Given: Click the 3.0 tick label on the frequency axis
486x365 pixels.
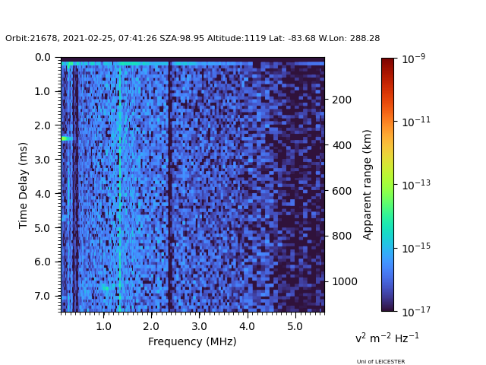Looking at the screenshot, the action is (x=199, y=326).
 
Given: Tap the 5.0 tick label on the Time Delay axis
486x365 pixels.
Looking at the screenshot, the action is (x=43, y=228).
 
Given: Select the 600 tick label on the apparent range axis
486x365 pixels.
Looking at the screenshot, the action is (x=342, y=191).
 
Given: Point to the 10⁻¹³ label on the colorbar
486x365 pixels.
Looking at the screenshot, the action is (x=416, y=184).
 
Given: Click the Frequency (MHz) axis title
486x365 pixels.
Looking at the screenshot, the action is (x=192, y=341).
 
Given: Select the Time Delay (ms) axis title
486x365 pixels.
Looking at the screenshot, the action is (x=23, y=186).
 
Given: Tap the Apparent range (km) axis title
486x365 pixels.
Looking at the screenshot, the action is (x=367, y=185).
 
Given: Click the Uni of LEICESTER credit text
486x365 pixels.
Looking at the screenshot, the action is (x=380, y=362).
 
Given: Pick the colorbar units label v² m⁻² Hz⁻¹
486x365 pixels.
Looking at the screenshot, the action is (x=387, y=338).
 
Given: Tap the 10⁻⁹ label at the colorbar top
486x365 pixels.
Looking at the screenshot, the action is (x=414, y=58).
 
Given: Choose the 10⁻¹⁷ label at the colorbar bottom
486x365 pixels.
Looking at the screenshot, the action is (x=416, y=311).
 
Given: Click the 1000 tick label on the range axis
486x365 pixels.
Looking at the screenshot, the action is (x=345, y=281).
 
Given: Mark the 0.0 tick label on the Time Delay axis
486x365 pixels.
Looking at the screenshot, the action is (x=43, y=58).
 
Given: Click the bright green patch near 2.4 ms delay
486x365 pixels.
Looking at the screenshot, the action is (x=67, y=138).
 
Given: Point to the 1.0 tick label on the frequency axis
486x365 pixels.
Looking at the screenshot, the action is (x=103, y=326).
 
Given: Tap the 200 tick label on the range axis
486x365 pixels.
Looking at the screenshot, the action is (x=342, y=100).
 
